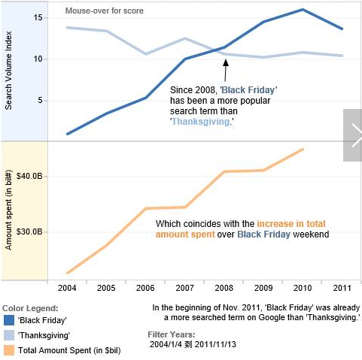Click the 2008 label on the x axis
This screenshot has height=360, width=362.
click(x=224, y=288)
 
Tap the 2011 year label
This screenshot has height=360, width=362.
click(x=342, y=288)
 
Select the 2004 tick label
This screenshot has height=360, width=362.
click(x=67, y=288)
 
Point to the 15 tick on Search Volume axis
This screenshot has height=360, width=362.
click(x=38, y=18)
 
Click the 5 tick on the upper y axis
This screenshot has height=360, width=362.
click(x=41, y=101)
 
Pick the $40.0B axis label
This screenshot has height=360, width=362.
click(x=29, y=176)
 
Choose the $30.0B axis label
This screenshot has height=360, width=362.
click(x=29, y=231)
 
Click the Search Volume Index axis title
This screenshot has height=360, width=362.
click(x=8, y=71)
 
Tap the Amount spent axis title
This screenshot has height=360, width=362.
click(x=8, y=210)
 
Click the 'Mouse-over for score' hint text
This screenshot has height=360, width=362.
click(x=105, y=11)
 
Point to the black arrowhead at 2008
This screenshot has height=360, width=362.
click(x=226, y=62)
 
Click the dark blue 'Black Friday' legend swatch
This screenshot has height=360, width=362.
click(x=9, y=320)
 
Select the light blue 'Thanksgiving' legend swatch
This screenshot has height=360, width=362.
click(x=9, y=335)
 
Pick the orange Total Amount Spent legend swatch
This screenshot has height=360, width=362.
click(x=9, y=350)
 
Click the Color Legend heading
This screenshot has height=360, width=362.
click(x=30, y=308)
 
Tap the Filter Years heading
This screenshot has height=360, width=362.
click(x=172, y=334)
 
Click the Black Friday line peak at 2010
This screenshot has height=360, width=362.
click(x=303, y=10)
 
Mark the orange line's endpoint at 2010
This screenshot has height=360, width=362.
click(x=303, y=150)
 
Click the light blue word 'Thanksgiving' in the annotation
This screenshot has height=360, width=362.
click(x=201, y=122)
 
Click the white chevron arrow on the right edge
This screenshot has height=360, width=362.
click(x=357, y=135)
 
